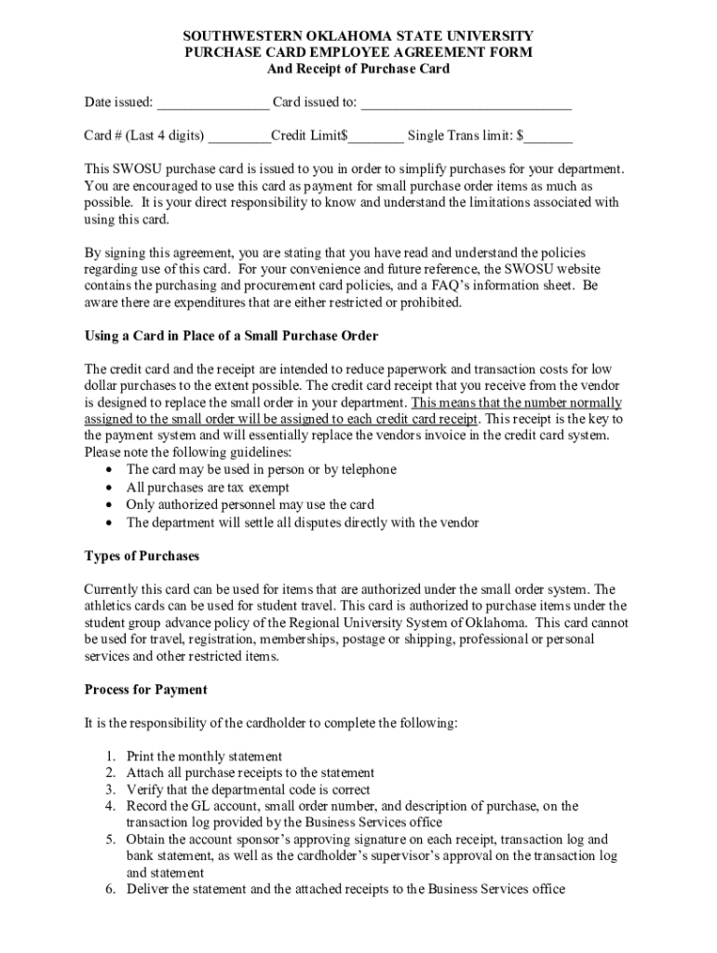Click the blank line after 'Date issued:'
212,103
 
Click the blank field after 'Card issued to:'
466,103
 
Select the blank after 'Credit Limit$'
377,138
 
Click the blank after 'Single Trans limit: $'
549,138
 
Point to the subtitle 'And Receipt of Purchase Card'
358,70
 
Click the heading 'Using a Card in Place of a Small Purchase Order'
231,335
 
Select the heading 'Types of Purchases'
142,556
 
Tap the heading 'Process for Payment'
145,690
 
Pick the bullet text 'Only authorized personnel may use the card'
250,505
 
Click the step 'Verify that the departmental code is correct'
248,790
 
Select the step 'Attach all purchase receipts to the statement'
250,773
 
